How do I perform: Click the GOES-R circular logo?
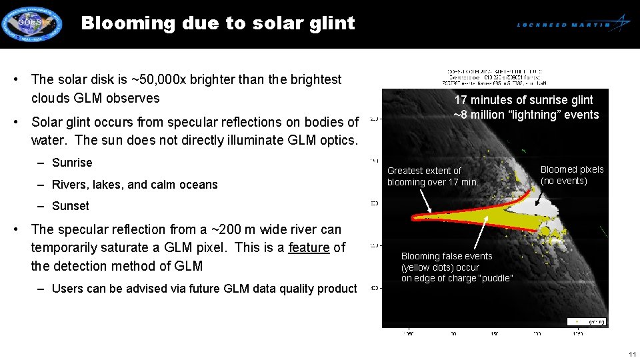(x=31, y=24)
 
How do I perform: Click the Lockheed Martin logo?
(x=573, y=24)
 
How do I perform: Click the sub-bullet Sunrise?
(x=72, y=163)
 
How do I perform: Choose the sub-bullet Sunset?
(x=70, y=206)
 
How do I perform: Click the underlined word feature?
(x=309, y=247)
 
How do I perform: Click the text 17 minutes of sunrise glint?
(x=523, y=100)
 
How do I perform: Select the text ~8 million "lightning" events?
(x=526, y=115)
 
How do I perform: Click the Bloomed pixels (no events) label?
(x=572, y=175)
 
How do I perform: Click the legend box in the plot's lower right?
(x=587, y=321)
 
